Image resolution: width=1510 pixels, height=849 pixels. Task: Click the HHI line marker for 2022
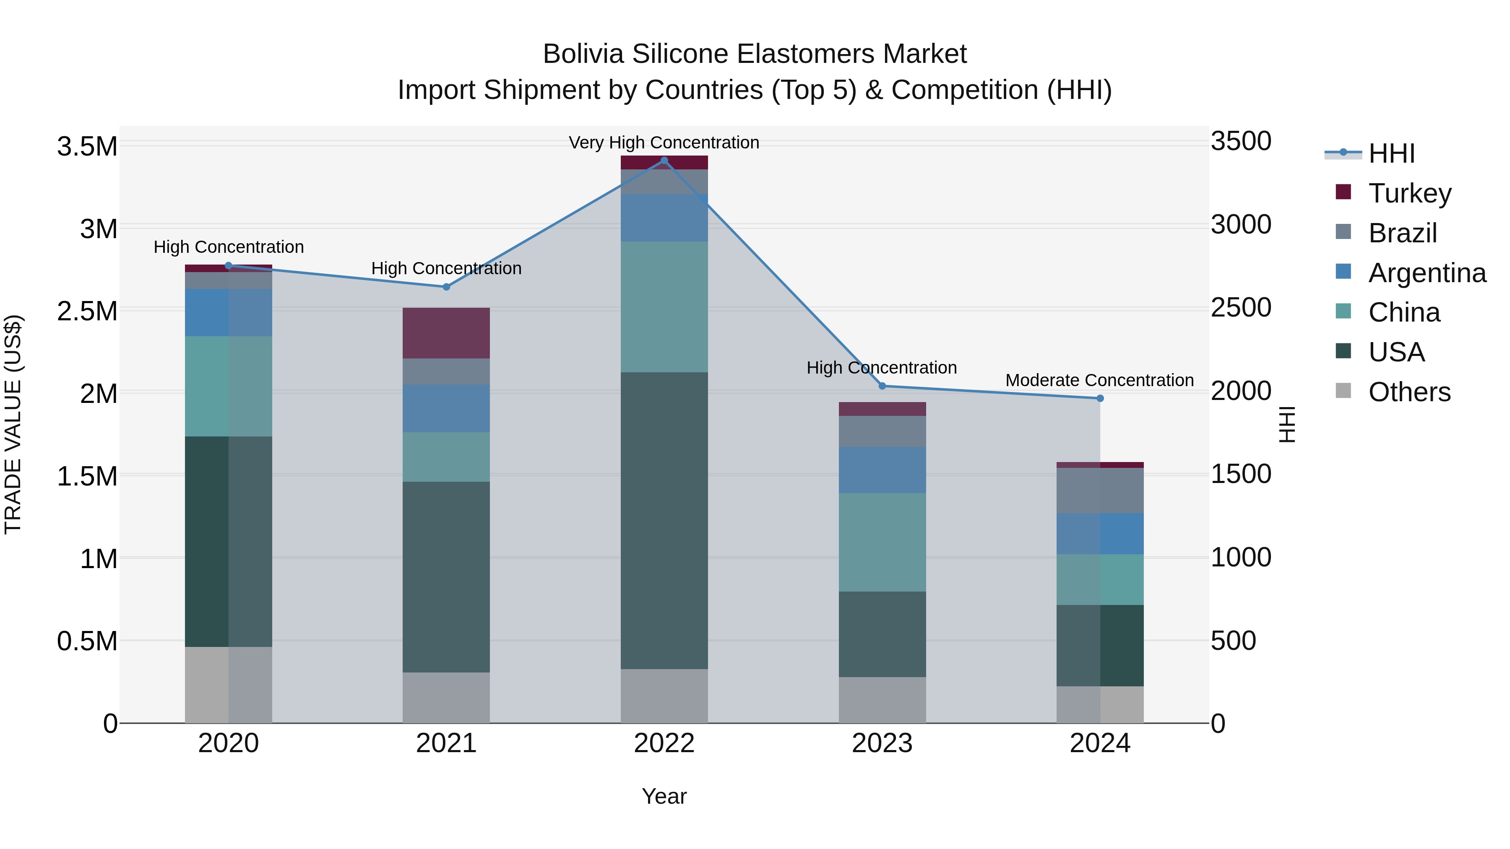pos(664,161)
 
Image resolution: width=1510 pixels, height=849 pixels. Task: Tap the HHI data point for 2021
pos(446,287)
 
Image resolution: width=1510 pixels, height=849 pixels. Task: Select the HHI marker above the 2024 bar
pos(1100,398)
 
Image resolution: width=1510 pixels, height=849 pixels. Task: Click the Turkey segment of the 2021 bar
pos(446,333)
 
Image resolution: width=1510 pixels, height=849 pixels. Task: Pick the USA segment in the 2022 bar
pos(664,520)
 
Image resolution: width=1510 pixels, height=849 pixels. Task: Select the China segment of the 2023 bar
pos(882,542)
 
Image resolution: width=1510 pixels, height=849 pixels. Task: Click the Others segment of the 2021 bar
pos(446,697)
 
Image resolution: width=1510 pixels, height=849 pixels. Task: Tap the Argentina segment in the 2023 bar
pos(882,470)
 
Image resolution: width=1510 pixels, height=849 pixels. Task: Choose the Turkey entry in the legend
pos(1409,193)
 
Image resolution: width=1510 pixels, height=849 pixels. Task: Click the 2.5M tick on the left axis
pos(87,311)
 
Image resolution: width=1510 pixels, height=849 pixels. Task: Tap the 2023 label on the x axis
pos(882,743)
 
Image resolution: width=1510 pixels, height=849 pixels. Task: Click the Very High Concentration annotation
pos(664,143)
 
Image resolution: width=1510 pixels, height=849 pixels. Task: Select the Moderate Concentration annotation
pos(1100,380)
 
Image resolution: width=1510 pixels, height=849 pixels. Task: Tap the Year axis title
pos(664,796)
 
